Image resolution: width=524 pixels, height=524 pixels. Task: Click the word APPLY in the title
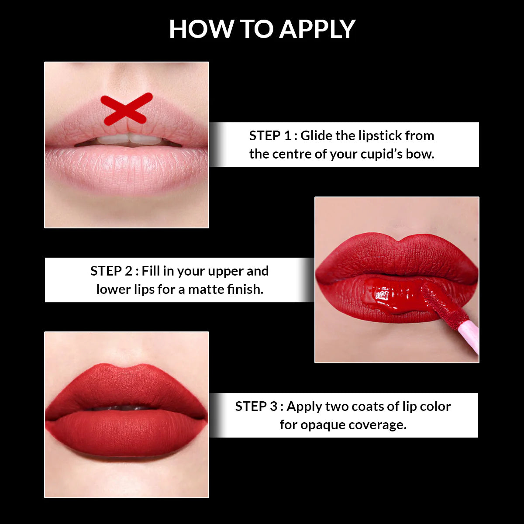click(x=317, y=29)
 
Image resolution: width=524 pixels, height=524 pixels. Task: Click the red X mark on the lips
click(x=126, y=108)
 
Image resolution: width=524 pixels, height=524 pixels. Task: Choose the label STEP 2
click(x=111, y=271)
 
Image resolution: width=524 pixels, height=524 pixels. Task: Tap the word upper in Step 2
click(x=226, y=272)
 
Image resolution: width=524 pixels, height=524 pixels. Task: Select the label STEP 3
click(x=256, y=406)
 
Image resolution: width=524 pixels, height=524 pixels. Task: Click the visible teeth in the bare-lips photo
click(x=129, y=139)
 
